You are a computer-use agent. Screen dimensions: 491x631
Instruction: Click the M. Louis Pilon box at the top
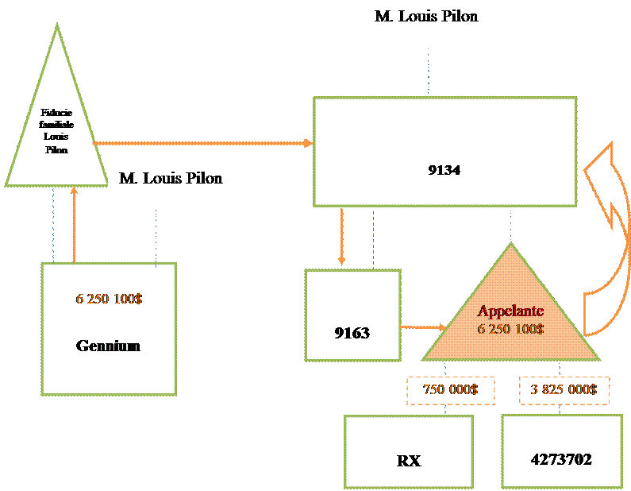pos(427,24)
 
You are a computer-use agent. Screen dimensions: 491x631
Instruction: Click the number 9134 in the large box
pos(444,169)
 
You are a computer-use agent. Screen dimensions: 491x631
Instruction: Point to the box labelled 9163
pos(352,315)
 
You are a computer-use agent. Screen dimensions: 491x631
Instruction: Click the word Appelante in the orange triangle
pos(510,311)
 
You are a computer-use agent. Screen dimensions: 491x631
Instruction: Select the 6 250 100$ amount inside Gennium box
pos(109,300)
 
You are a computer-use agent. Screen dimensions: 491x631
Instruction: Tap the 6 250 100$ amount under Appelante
pos(510,328)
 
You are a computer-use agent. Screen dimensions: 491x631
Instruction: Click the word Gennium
pos(108,346)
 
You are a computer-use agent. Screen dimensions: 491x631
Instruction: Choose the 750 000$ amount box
pos(450,390)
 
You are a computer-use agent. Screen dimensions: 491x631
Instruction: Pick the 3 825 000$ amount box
pos(564,390)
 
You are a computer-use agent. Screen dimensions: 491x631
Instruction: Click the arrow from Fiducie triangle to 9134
pos(202,143)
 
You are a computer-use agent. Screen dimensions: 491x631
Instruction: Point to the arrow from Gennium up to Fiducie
pos(74,226)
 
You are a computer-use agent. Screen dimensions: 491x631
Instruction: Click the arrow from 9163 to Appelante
pos(422,327)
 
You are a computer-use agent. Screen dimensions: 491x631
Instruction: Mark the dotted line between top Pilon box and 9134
pos(429,72)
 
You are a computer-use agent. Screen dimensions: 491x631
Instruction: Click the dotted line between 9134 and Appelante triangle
pos(511,225)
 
